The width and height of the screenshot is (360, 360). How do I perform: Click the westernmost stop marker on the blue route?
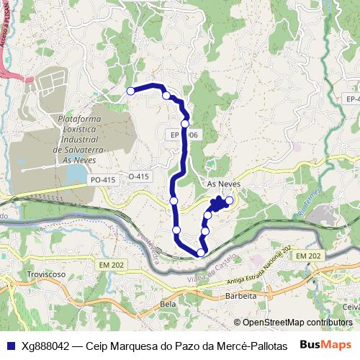coord(131,91)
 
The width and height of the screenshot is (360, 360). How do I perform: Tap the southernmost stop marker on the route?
coord(201,252)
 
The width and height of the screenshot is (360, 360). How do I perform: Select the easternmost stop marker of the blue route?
coord(230,200)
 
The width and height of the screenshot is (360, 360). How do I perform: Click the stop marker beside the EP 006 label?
coord(185,124)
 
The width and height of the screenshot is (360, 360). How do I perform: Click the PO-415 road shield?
coord(102,179)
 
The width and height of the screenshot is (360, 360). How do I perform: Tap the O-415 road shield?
coord(138,176)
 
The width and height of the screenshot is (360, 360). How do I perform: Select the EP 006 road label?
coord(185,135)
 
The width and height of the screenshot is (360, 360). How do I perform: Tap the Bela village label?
coord(168,305)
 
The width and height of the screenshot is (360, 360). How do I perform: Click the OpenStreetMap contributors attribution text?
coord(297,322)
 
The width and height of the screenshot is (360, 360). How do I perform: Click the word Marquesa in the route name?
coord(132,344)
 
